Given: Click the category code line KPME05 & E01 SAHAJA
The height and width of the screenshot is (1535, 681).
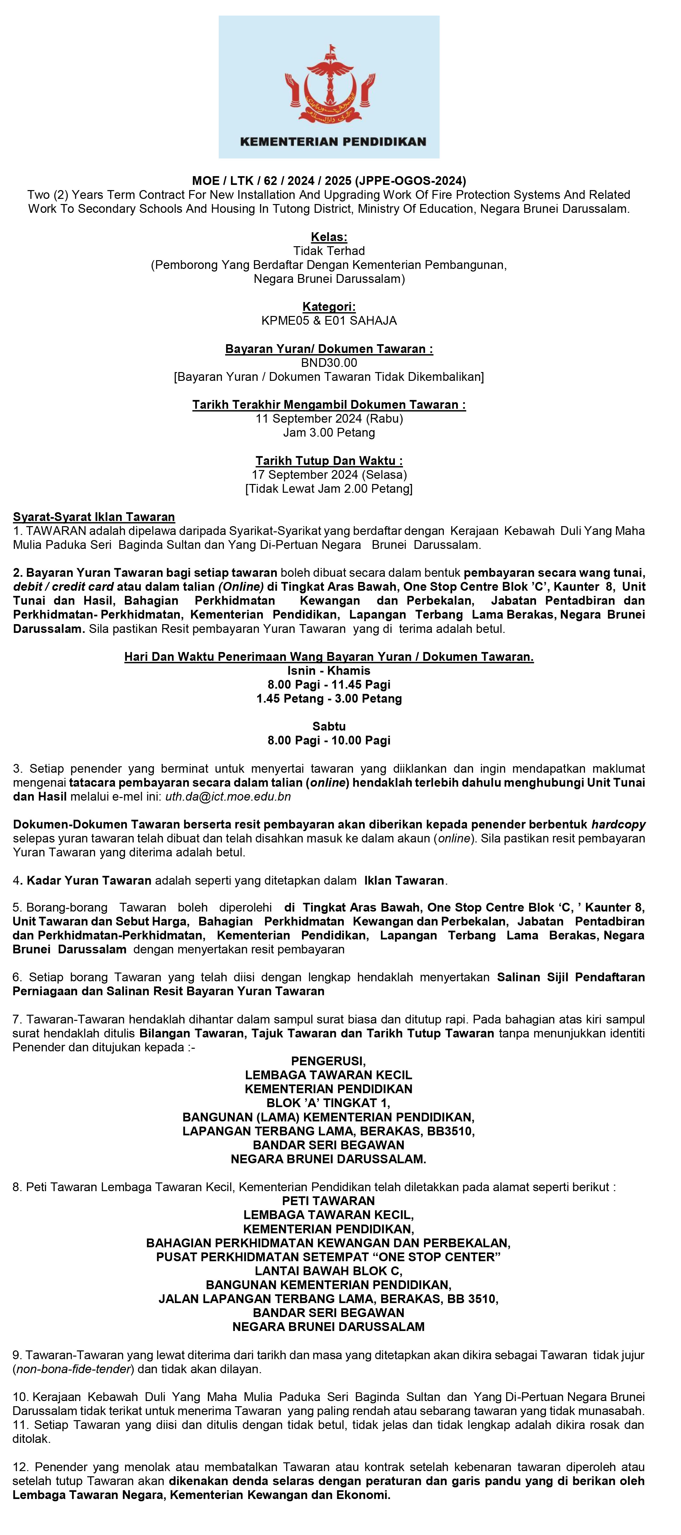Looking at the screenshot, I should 329,320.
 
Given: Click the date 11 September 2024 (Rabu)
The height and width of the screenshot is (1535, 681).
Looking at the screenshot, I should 329,418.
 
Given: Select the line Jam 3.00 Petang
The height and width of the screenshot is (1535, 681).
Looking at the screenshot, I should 329,433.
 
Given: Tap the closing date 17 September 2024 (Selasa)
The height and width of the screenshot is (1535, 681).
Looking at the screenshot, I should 329,475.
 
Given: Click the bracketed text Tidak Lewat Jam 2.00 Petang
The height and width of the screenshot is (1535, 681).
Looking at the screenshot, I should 329,489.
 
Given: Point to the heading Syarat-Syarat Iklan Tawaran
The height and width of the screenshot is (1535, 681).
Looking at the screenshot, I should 94,517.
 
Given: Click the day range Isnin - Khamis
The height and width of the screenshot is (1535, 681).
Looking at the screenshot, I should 329,671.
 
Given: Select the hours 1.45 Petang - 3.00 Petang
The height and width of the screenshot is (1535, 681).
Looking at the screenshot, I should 329,698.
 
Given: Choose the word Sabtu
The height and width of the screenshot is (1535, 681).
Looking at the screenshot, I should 329,726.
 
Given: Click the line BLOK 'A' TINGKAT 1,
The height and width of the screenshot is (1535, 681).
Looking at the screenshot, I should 329,1103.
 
